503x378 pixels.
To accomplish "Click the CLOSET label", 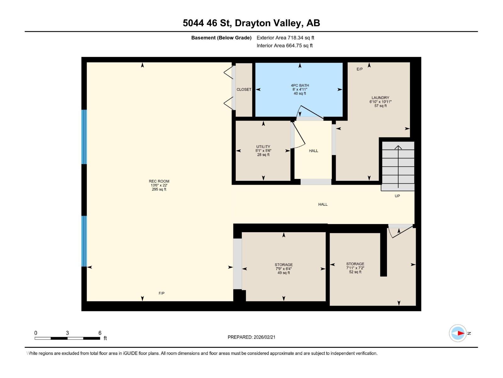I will (244, 89).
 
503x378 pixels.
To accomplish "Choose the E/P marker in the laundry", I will (359, 69).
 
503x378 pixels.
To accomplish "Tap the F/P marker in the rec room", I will (161, 293).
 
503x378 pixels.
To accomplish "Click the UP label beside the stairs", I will (397, 196).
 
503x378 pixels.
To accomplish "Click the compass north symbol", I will (458, 333).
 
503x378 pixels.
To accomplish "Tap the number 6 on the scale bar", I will (100, 333).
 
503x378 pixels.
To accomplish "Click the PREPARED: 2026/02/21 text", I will (251, 337).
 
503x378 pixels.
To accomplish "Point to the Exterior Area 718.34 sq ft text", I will (285, 37).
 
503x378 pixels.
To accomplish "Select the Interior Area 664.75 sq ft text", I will (285, 45).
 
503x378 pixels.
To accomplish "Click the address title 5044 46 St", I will (251, 23).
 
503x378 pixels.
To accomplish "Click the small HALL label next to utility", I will (313, 151).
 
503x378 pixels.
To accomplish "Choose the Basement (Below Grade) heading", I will (221, 37).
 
